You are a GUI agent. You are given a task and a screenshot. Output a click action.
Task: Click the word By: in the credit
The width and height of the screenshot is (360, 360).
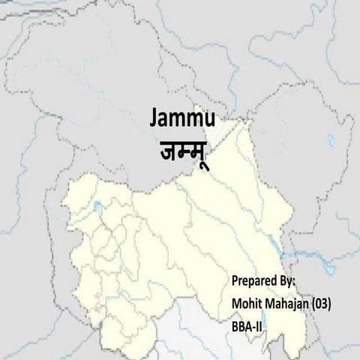click(x=288, y=280)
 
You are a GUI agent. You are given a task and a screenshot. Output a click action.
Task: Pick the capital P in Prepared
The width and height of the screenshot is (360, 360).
click(x=235, y=280)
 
